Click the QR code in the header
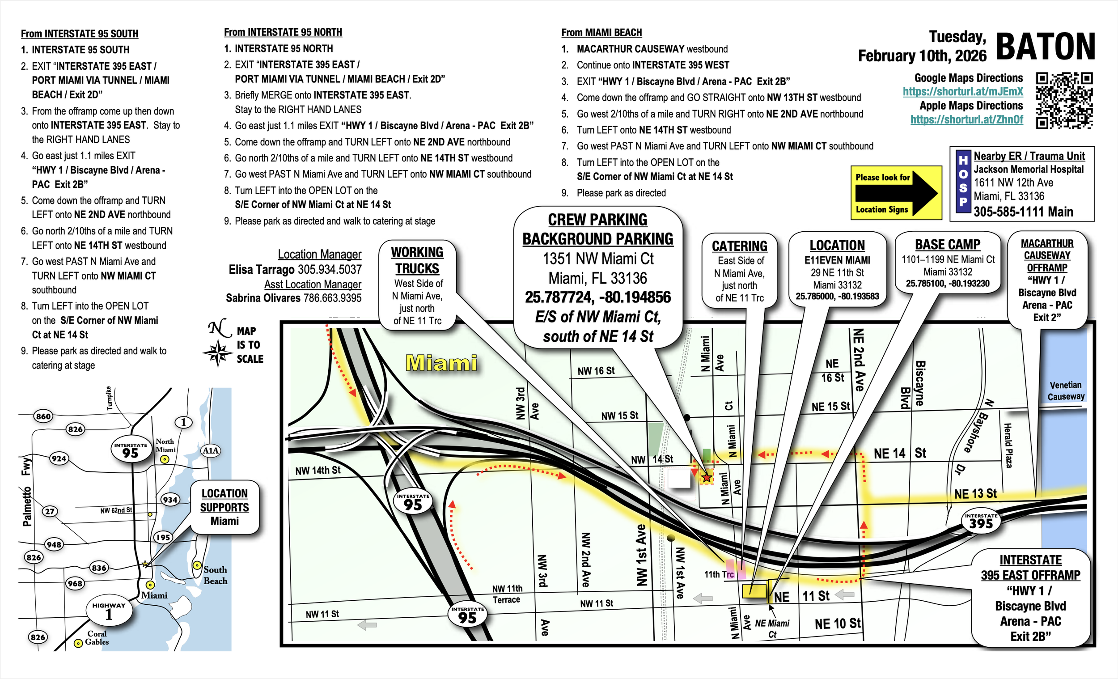1064,100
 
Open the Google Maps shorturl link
962,92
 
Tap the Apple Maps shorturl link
966,119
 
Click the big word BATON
1046,47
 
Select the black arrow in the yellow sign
896,193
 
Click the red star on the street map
707,477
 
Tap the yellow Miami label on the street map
441,363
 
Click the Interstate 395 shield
981,522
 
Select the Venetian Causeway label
1065,391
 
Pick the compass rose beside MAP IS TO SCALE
218,352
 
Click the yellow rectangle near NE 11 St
754,591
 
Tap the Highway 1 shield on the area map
109,612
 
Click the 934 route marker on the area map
170,500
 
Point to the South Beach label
215,575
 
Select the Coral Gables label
97,638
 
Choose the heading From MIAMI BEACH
601,33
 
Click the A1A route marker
210,451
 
